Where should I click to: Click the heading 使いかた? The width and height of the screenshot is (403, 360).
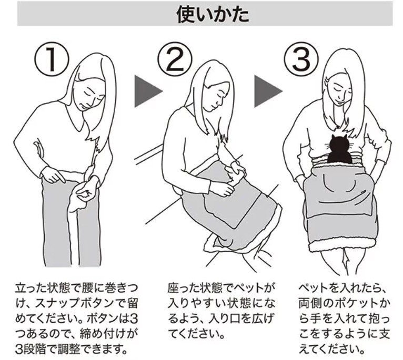tap(213, 14)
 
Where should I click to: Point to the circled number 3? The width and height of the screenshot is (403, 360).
tap(301, 60)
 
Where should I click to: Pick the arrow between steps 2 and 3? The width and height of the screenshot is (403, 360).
tap(268, 91)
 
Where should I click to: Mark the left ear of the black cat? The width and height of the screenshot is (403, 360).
tap(333, 137)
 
